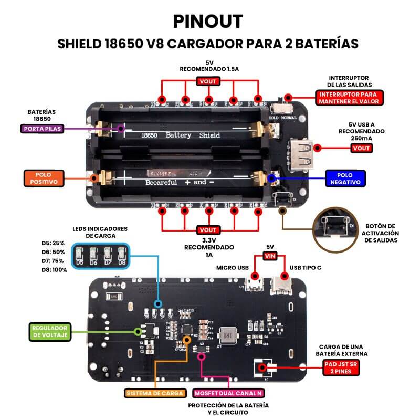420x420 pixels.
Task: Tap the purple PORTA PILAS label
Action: [x=41, y=128]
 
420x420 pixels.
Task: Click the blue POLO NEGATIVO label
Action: [x=344, y=178]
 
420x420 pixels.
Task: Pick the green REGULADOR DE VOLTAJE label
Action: [x=50, y=331]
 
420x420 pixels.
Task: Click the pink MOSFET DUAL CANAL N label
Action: [x=228, y=393]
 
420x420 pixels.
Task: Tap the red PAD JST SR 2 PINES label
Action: [x=341, y=367]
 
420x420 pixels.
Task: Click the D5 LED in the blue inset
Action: [x=80, y=255]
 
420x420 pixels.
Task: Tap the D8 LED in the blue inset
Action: [x=122, y=255]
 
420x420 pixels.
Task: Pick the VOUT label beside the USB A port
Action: [x=362, y=148]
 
